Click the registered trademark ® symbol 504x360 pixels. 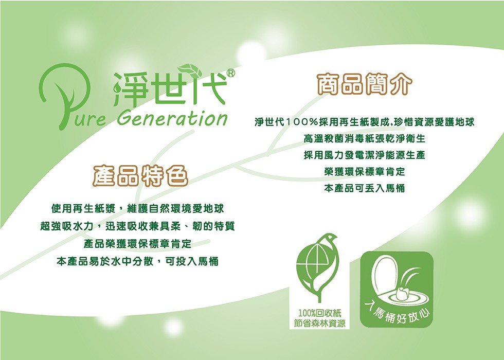point(230,73)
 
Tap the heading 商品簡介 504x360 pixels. point(365,84)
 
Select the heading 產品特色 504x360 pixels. point(140,175)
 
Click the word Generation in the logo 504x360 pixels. point(172,118)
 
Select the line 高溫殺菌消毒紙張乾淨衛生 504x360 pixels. point(365,138)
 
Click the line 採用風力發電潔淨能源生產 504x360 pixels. point(365,155)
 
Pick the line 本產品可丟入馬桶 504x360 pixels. point(365,188)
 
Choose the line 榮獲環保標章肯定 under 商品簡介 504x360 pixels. point(365,171)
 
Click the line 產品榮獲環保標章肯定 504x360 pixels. point(138,244)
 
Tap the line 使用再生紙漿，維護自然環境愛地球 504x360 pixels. point(138,209)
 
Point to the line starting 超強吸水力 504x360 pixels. point(138,226)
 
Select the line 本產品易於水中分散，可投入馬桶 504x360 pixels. point(138,261)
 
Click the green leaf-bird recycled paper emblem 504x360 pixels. point(318,267)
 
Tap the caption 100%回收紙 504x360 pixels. point(319,313)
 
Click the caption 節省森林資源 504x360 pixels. point(319,323)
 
